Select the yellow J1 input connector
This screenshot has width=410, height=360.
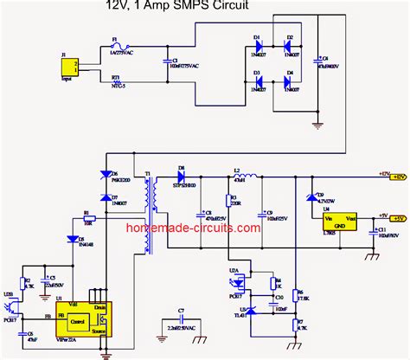pyautogui.click(x=74, y=65)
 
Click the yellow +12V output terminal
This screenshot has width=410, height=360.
pyautogui.click(x=398, y=176)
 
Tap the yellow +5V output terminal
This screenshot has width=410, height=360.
pyautogui.click(x=398, y=219)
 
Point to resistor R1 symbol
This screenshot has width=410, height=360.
pyautogui.click(x=86, y=220)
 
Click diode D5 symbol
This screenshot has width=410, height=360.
pyautogui.click(x=71, y=239)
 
